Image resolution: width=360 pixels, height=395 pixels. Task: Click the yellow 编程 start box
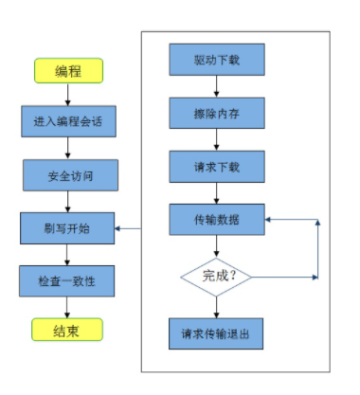coord(67,70)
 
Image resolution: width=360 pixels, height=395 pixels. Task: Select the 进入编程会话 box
coord(67,121)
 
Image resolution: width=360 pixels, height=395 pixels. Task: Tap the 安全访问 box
coord(67,174)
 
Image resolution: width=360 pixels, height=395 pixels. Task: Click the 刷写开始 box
coord(67,227)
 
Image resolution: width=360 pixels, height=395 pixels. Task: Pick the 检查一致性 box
coord(67,280)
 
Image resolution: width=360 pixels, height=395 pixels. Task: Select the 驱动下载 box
coord(217,59)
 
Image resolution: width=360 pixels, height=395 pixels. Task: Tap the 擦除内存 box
coord(217,112)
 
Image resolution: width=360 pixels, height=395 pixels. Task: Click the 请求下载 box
coord(217,166)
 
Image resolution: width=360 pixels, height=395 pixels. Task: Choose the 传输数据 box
coord(217,220)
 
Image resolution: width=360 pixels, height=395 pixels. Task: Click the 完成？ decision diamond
coord(217,278)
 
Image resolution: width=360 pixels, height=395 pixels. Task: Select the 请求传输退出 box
coord(217,333)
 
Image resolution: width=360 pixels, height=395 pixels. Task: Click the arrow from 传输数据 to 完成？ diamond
coord(217,246)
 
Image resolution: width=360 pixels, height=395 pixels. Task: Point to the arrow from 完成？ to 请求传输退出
coord(217,306)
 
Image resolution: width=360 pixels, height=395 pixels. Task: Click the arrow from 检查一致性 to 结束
coord(67,306)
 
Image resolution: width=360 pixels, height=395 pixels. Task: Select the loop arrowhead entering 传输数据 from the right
coord(269,220)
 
